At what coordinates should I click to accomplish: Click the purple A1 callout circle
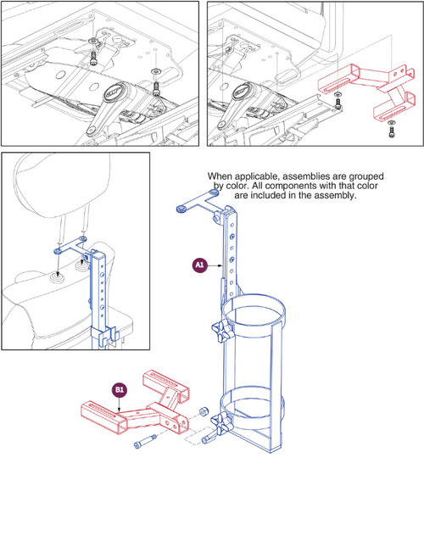200,265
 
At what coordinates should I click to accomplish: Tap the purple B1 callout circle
120,390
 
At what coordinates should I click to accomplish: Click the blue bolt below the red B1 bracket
141,444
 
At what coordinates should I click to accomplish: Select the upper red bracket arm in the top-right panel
348,83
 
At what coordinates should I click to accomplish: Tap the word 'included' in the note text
299,194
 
